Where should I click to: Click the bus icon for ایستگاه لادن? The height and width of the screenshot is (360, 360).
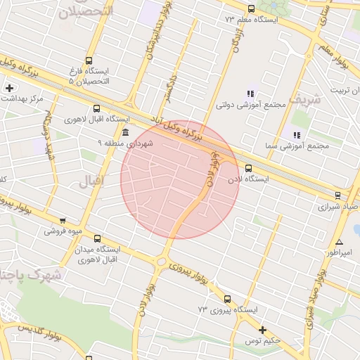click(x=248, y=168)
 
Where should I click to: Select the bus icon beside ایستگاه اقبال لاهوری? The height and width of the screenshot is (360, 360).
click(x=97, y=108)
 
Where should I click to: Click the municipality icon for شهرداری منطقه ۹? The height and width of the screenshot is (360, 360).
click(x=125, y=132)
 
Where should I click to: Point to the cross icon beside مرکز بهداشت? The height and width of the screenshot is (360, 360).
click(x=8, y=88)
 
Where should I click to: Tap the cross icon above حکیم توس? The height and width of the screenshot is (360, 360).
click(x=262, y=330)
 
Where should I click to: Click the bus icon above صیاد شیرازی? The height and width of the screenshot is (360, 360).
click(x=337, y=196)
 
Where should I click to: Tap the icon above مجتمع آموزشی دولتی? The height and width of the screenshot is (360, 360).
click(x=250, y=94)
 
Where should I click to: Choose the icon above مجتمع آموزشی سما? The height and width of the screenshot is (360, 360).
click(x=296, y=134)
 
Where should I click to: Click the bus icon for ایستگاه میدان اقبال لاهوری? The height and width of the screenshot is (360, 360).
click(x=97, y=238)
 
